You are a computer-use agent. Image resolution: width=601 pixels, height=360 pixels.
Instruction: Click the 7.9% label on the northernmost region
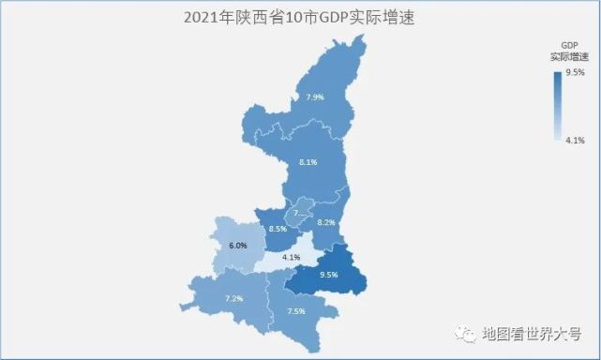tap(316, 97)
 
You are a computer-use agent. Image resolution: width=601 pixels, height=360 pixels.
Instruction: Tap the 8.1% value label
tap(308, 162)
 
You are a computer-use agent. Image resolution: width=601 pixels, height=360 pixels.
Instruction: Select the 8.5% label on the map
tap(278, 229)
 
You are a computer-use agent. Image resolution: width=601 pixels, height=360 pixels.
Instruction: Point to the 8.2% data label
tap(326, 222)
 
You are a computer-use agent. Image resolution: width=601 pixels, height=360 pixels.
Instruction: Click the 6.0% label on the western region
tap(237, 246)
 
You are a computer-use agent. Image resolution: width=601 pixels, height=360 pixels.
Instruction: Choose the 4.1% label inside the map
tap(291, 257)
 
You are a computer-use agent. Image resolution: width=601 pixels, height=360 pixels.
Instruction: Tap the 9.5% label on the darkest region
tap(328, 276)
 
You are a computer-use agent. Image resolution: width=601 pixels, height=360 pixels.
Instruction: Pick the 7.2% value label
tap(234, 298)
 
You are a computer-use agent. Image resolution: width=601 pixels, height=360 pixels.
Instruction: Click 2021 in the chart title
tap(197, 17)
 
